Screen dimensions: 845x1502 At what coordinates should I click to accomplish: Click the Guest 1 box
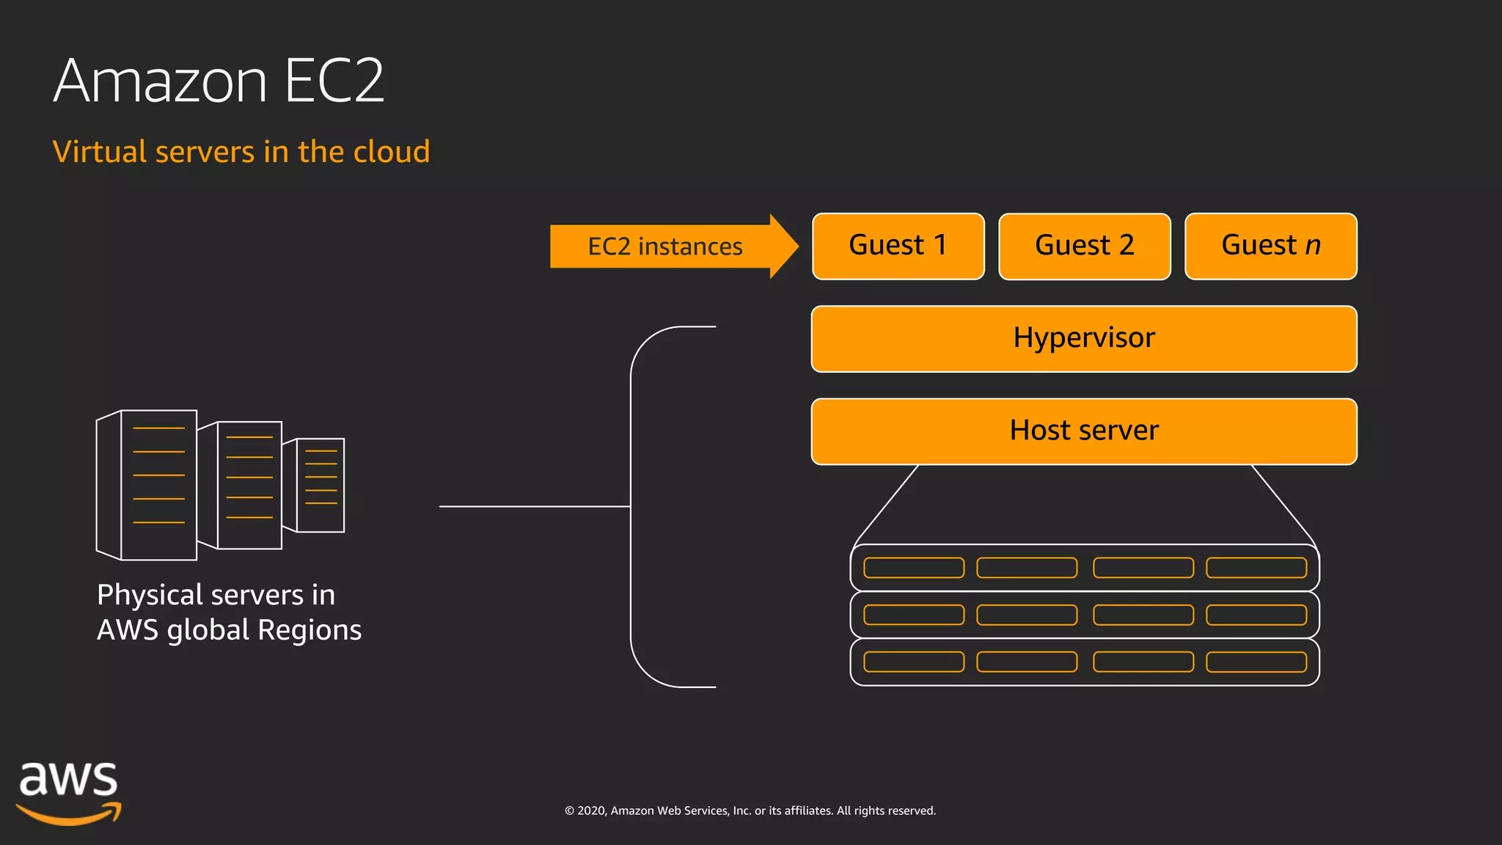coord(898,246)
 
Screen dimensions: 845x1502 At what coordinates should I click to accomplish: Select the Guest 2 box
coord(1084,246)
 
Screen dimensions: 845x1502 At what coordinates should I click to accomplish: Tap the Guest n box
coord(1270,246)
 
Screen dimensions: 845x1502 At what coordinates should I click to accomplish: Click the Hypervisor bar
coord(1084,338)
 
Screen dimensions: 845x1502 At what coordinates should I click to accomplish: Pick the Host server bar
coord(1084,431)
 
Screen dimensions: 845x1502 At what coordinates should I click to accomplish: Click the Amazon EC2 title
coord(219,81)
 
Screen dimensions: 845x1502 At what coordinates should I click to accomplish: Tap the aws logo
coord(68,792)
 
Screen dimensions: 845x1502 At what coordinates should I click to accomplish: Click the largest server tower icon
coord(157,485)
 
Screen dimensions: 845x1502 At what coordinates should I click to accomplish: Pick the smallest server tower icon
coord(320,485)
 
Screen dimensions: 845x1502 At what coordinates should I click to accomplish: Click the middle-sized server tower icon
coord(248,485)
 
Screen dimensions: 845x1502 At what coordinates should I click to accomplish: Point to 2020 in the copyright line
coord(591,811)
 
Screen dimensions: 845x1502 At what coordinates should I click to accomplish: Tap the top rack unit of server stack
coord(1084,568)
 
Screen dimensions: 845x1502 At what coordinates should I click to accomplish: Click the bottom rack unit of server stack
coord(1084,662)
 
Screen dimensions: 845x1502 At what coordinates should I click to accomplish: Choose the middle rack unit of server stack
coord(1084,615)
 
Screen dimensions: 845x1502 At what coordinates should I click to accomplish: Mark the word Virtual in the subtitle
coord(100,152)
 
